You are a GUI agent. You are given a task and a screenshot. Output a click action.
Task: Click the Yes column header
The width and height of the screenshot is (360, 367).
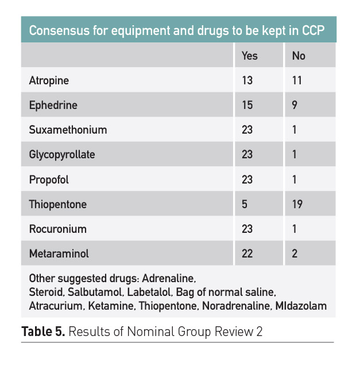click(x=250, y=56)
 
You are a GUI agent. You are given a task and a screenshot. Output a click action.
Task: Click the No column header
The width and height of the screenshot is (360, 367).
click(x=299, y=56)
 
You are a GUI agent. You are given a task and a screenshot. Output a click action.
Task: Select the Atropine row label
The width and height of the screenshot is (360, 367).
click(x=49, y=81)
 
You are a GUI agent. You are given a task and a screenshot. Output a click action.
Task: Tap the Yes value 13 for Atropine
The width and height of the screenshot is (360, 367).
click(x=247, y=81)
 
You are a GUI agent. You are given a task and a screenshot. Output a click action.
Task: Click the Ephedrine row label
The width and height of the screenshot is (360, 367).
click(x=53, y=106)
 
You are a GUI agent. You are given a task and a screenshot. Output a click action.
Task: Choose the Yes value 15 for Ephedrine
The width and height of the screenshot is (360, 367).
click(x=247, y=106)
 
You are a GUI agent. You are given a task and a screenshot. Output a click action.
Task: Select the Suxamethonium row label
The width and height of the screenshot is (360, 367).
click(x=68, y=130)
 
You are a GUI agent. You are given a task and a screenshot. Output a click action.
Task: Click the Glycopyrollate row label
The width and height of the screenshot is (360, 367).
click(x=62, y=155)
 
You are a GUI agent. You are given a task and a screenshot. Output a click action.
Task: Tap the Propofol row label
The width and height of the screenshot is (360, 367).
click(x=49, y=179)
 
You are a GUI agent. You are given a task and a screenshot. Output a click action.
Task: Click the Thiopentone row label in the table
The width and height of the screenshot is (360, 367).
click(x=57, y=204)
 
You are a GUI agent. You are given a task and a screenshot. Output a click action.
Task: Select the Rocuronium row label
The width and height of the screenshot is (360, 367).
click(x=57, y=229)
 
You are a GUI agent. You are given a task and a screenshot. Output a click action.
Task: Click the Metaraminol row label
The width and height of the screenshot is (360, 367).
click(x=59, y=253)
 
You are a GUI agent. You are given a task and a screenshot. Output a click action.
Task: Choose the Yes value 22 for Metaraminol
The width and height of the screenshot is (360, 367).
click(x=247, y=253)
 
